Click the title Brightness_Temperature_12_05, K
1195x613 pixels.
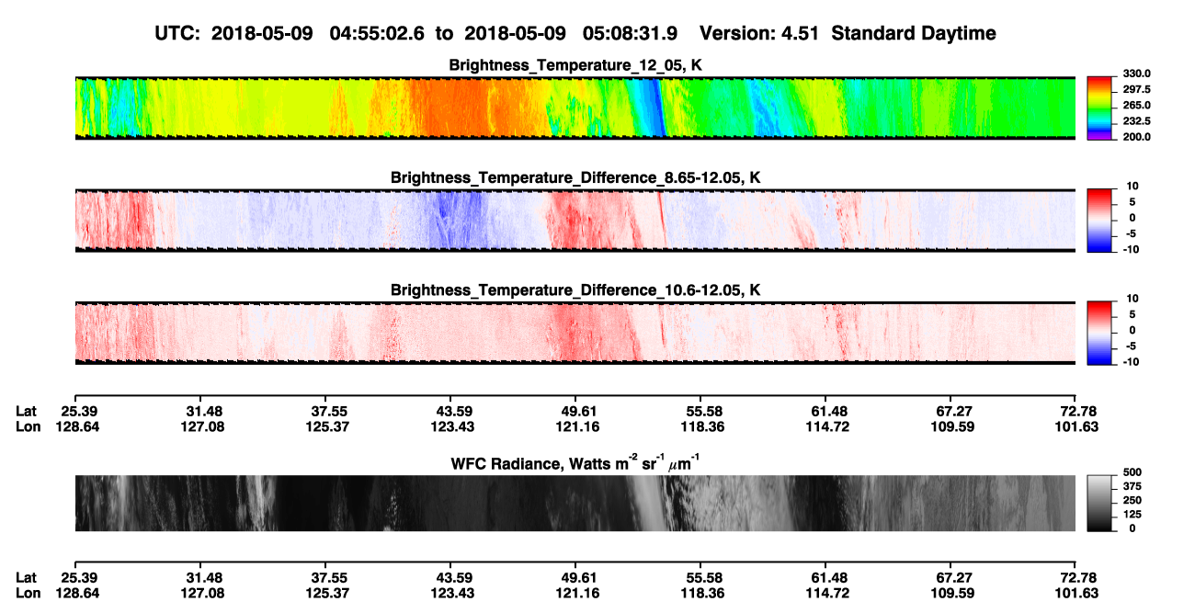pyautogui.click(x=575, y=65)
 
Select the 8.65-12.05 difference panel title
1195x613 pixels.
pyautogui.click(x=575, y=177)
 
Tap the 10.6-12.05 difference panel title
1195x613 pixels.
pyautogui.click(x=575, y=290)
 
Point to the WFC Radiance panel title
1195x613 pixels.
pyautogui.click(x=575, y=463)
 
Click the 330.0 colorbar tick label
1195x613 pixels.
pyautogui.click(x=1136, y=74)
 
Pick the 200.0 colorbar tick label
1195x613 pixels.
pyautogui.click(x=1136, y=137)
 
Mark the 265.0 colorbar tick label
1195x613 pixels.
pyautogui.click(x=1136, y=105)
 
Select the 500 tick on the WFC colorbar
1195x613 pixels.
pyautogui.click(x=1132, y=472)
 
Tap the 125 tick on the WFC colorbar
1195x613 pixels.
pyautogui.click(x=1132, y=515)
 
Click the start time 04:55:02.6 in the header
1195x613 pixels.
pyautogui.click(x=377, y=34)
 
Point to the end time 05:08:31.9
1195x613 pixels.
pyautogui.click(x=630, y=34)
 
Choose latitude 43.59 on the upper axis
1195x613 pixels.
pyautogui.click(x=454, y=412)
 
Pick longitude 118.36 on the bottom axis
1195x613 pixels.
pyautogui.click(x=702, y=594)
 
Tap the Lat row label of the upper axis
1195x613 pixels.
pyautogui.click(x=26, y=412)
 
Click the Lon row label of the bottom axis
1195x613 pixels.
pyautogui.click(x=28, y=594)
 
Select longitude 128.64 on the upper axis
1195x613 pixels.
pyautogui.click(x=77, y=426)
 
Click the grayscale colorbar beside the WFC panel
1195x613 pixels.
pyautogui.click(x=1099, y=503)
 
